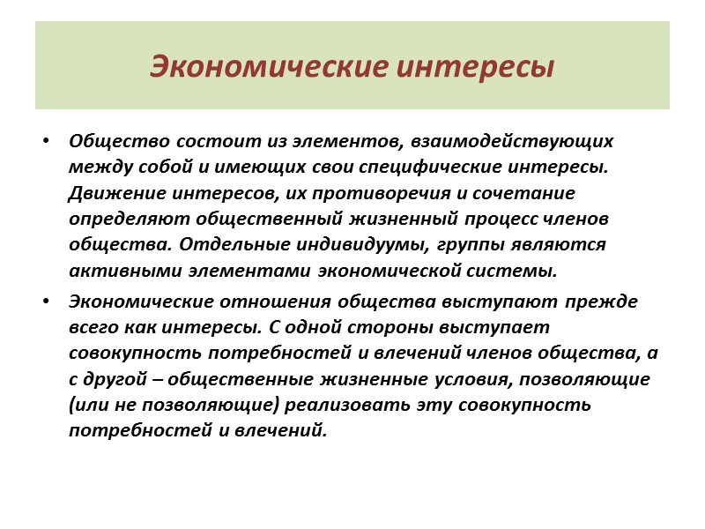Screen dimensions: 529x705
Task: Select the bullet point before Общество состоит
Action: point(46,140)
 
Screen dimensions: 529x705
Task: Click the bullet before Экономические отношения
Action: point(46,301)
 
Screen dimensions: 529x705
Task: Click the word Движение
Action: point(108,192)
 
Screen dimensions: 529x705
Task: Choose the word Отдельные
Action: point(226,244)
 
